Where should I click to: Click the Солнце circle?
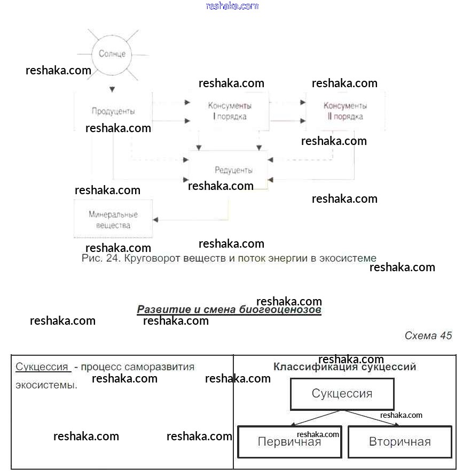112,54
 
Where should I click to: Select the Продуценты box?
113,111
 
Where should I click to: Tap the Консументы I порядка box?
230,111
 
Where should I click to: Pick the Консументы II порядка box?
345,111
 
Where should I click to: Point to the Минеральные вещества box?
113,219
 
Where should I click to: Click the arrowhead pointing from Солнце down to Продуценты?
112,89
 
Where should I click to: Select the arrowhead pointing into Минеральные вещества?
156,219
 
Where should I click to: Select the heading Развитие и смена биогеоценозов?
229,310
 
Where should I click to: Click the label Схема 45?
428,335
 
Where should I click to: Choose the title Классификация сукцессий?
344,367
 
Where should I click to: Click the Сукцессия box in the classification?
342,394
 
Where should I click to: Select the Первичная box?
289,442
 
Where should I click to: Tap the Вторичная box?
399,442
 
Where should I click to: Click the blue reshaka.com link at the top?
232,6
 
